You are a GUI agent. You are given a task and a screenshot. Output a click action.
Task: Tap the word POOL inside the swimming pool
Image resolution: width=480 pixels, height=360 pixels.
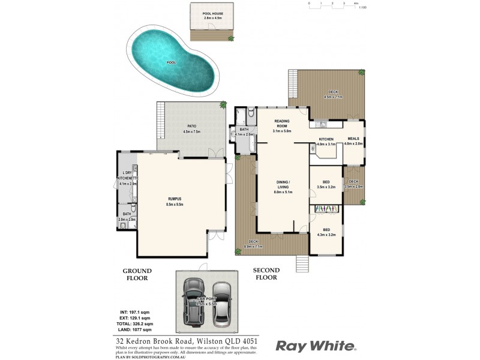tap(172, 62)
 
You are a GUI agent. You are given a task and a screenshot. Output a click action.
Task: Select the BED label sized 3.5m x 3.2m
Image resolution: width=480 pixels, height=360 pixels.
tap(325, 182)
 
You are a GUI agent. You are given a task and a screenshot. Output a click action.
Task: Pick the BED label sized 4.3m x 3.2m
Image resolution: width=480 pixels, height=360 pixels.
tap(326, 230)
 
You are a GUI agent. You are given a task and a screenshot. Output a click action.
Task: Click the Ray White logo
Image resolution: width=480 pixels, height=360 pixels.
tap(316, 346)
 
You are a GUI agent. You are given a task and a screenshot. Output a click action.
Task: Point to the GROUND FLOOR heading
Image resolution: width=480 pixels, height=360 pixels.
tap(137, 274)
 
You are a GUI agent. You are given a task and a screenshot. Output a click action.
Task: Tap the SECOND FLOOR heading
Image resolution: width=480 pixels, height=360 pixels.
tap(265, 274)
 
